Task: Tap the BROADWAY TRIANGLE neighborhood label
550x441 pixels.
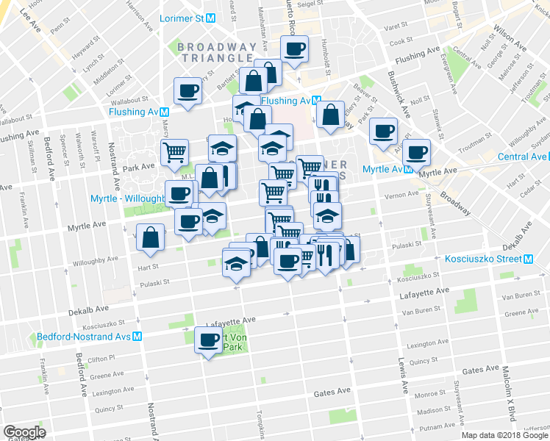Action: click(x=218, y=53)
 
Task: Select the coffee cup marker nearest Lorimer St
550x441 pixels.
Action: click(x=295, y=51)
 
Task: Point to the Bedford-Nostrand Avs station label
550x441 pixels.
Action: click(x=90, y=337)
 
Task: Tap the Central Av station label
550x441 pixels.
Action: click(x=522, y=157)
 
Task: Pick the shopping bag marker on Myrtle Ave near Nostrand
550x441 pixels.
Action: click(x=150, y=237)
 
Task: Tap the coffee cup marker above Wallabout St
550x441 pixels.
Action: click(x=187, y=92)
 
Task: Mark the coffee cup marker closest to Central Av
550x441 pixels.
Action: click(x=416, y=153)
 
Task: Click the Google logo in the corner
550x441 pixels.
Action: click(x=24, y=432)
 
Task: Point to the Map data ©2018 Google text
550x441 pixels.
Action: click(x=504, y=435)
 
